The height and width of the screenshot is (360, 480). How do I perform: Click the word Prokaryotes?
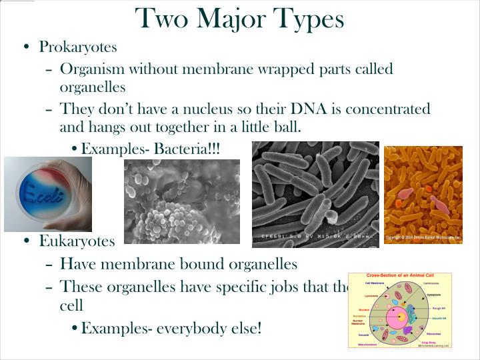coord(78,47)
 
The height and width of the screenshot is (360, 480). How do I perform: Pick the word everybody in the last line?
coord(191,328)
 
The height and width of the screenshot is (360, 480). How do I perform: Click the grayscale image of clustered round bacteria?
coord(181,202)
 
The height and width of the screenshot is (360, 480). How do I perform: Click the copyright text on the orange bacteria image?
coord(423,237)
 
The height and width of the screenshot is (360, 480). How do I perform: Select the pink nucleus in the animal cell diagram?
coord(400,315)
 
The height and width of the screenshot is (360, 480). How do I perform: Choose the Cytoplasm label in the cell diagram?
coord(434,294)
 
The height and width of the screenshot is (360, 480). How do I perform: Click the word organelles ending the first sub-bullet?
coord(92,87)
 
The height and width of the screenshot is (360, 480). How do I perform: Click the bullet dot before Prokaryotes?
coord(26,47)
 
